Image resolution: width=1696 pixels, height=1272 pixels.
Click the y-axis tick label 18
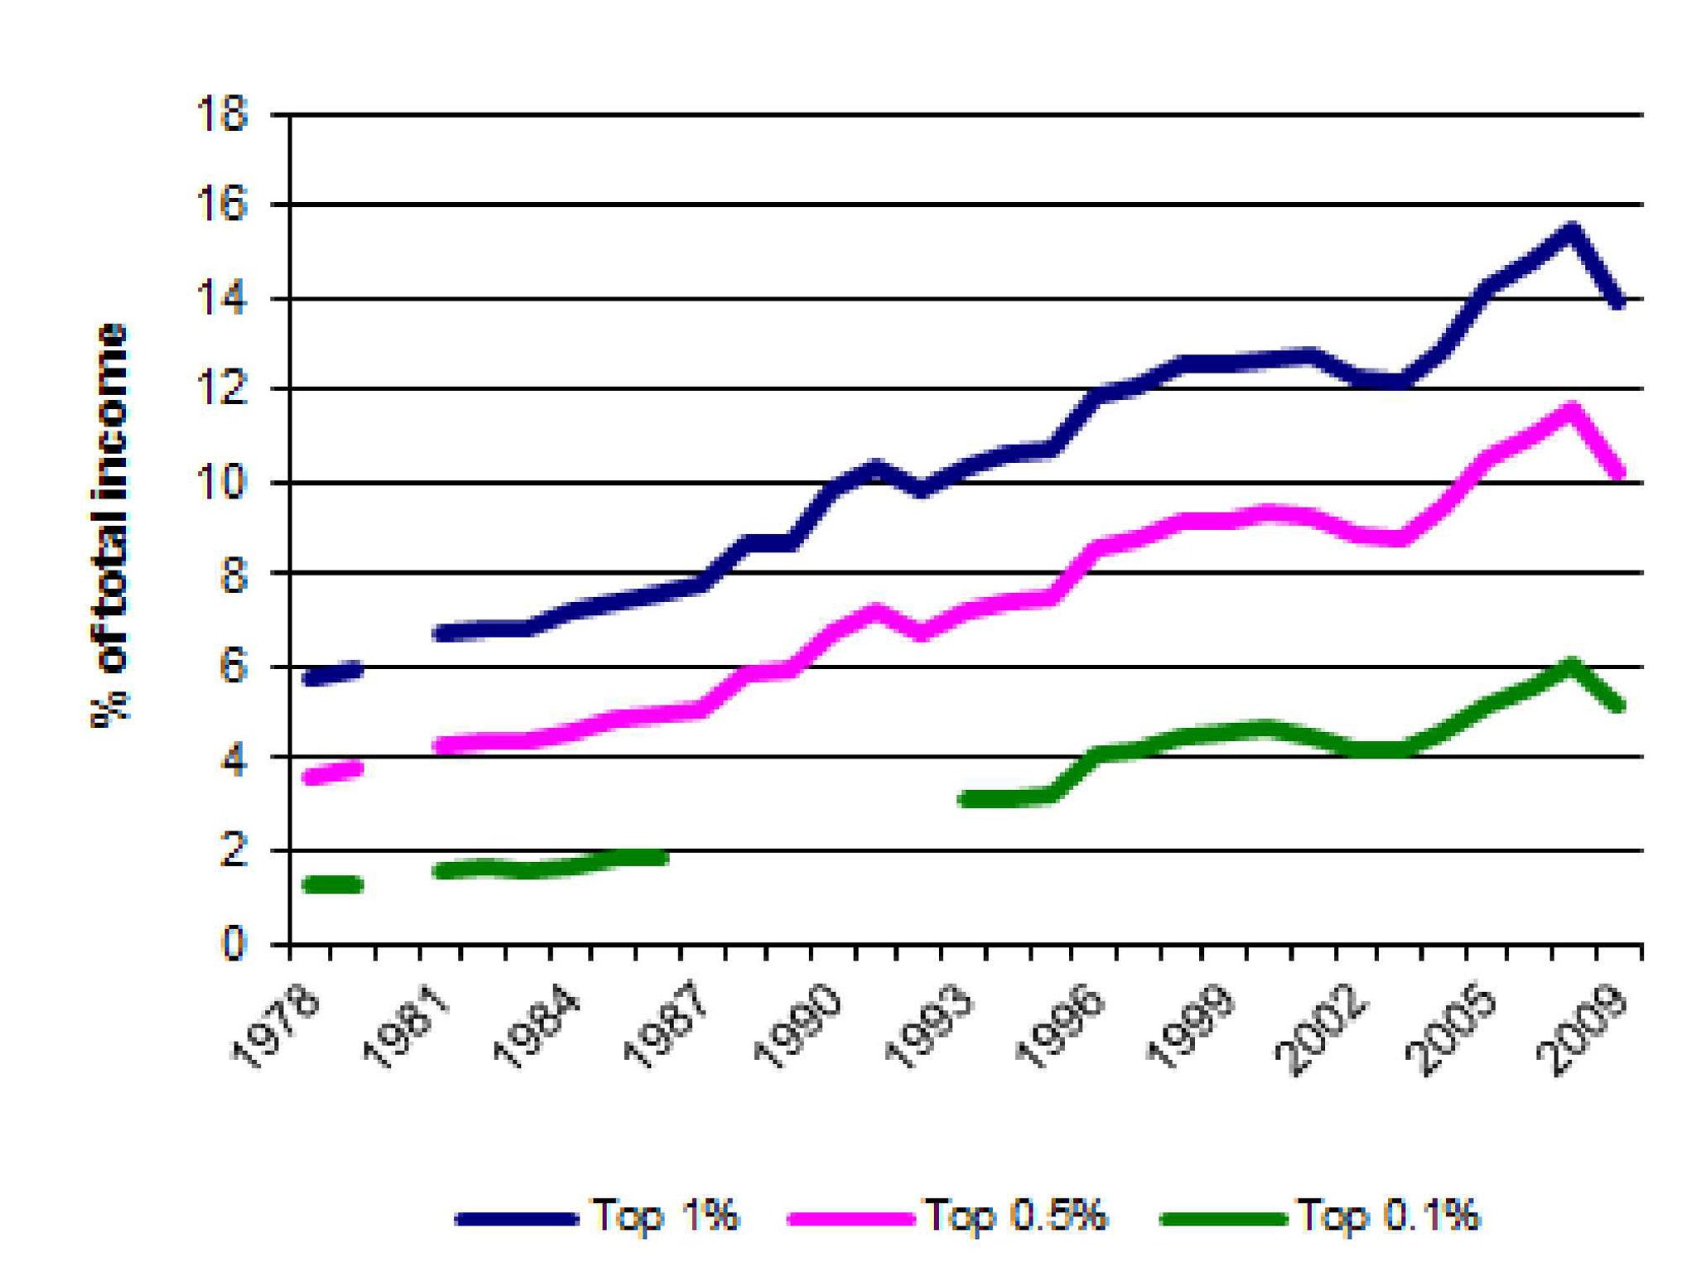click(x=221, y=114)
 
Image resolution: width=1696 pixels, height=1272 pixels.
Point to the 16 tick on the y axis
click(x=221, y=205)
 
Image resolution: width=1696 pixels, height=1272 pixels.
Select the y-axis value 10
click(x=221, y=482)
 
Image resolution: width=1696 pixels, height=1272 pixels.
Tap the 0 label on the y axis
click(x=233, y=944)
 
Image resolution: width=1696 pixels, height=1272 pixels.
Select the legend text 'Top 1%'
click(x=664, y=1216)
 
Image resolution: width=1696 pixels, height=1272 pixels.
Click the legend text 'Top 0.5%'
click(x=1015, y=1216)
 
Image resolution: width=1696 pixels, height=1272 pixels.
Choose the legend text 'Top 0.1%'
click(x=1388, y=1216)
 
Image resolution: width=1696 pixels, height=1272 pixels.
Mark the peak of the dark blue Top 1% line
click(x=1571, y=230)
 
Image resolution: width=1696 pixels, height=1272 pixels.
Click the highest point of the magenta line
click(x=1571, y=409)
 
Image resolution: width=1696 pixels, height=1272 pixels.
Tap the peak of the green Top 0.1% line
click(x=1571, y=664)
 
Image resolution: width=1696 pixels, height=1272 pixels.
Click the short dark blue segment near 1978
click(x=333, y=673)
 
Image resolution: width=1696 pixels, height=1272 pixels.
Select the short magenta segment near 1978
click(x=333, y=772)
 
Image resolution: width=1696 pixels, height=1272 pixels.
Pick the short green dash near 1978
click(x=333, y=884)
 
